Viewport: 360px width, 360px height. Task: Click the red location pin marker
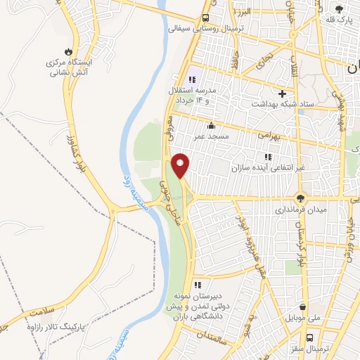coord(181,165)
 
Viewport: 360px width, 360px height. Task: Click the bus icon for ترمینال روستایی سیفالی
coord(205,18)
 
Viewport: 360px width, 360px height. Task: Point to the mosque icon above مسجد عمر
coord(212,126)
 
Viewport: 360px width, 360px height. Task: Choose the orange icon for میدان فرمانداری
coord(301,198)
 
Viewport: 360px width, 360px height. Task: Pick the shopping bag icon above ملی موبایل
coord(302,307)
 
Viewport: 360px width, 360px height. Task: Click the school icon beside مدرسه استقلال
coord(192,79)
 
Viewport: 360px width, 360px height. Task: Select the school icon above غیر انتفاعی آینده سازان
coord(266,157)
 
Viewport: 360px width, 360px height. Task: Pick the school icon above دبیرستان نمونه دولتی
coord(198,285)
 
